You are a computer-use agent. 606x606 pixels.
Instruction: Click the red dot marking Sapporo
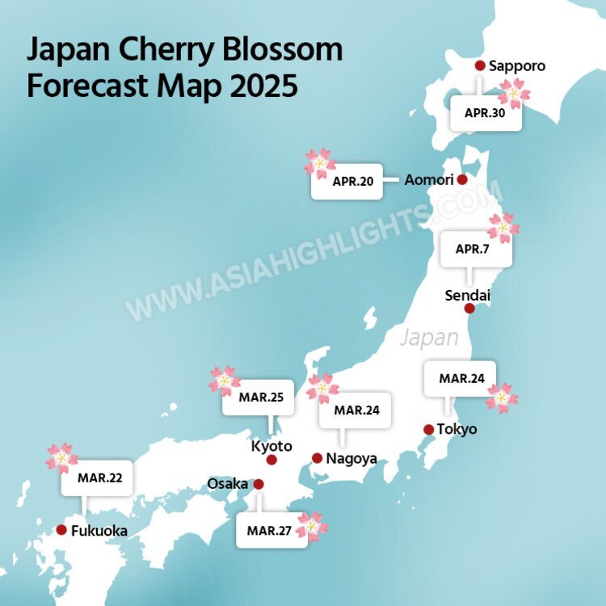coord(479,65)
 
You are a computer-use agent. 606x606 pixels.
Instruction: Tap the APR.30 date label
coord(485,114)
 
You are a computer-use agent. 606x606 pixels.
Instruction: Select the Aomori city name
coord(429,180)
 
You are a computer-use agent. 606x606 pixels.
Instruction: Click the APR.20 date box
coord(352,182)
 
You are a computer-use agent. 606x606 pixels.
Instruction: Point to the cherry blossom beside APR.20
coord(319,163)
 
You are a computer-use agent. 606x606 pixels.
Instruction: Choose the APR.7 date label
coord(472,249)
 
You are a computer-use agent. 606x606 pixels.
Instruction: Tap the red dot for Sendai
coord(469,308)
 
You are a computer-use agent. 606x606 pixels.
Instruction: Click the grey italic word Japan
coord(429,337)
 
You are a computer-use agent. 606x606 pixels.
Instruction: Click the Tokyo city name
coord(457,429)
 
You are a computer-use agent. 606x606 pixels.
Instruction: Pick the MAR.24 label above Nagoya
coord(355,410)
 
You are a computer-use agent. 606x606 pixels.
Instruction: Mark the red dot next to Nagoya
coord(317,458)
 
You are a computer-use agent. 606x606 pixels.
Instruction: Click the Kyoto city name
coord(271,446)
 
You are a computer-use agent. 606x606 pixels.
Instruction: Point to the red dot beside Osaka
coord(259,484)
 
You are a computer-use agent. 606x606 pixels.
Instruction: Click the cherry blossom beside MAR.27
coord(312,526)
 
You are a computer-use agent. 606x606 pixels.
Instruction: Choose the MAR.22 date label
coord(99,478)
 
